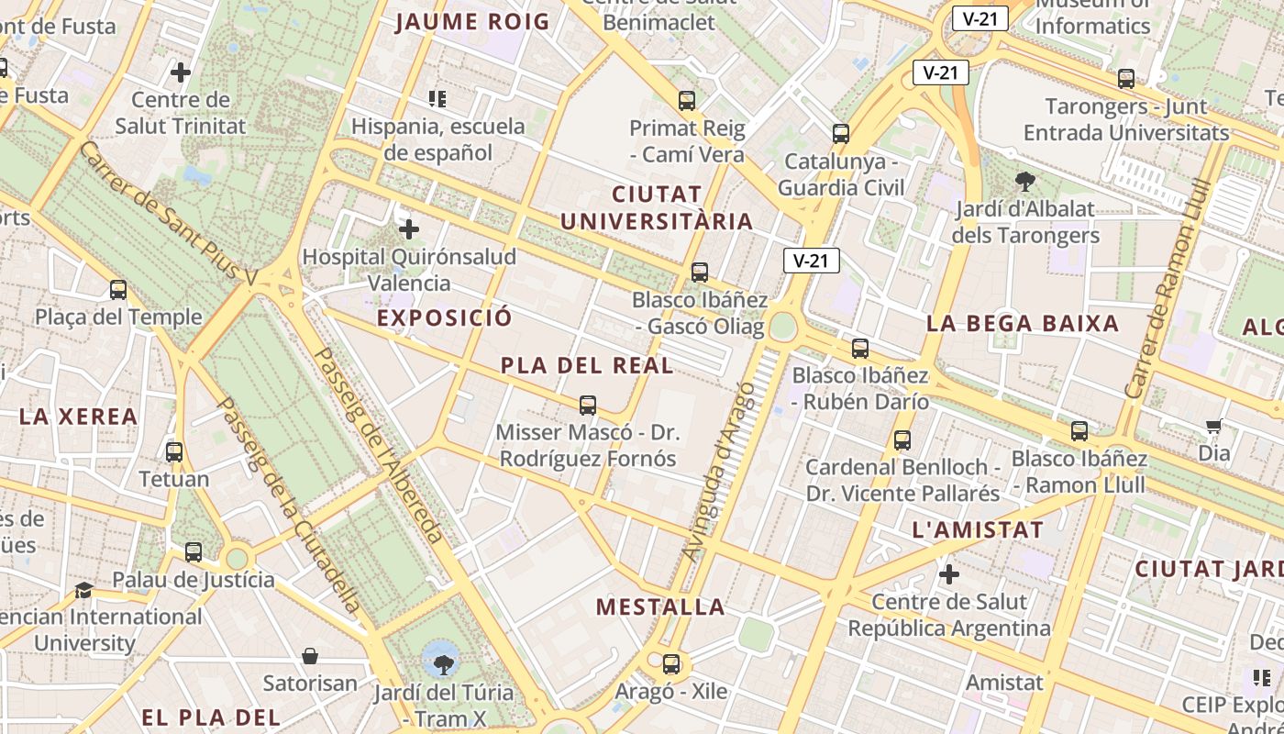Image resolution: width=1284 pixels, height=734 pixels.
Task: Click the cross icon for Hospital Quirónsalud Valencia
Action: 409,229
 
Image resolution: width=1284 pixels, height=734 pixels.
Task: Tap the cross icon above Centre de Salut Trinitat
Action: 181,72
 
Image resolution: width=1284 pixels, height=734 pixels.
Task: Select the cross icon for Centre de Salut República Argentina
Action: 949,575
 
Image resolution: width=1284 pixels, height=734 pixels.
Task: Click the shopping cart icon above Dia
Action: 1214,426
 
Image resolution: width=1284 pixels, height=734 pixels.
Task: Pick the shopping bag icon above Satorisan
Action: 310,656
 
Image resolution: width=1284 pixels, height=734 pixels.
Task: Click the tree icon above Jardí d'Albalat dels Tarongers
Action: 1024,182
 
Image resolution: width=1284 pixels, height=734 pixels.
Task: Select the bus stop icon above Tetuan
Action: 174,451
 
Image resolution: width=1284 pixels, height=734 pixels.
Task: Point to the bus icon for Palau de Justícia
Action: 194,552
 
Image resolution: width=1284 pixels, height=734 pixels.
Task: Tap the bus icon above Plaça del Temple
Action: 118,290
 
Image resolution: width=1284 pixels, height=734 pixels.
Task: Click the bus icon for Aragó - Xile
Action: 671,664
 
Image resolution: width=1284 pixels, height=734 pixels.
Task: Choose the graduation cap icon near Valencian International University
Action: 84,590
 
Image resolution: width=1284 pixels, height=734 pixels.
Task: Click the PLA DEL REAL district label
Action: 587,365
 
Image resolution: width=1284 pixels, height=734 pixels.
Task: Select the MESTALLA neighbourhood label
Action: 660,606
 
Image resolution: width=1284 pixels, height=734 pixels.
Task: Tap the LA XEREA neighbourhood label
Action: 78,417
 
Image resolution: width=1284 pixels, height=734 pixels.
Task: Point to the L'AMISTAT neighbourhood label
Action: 978,529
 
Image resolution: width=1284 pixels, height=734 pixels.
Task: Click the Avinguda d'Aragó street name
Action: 720,472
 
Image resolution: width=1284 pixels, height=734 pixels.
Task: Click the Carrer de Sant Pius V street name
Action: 170,213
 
